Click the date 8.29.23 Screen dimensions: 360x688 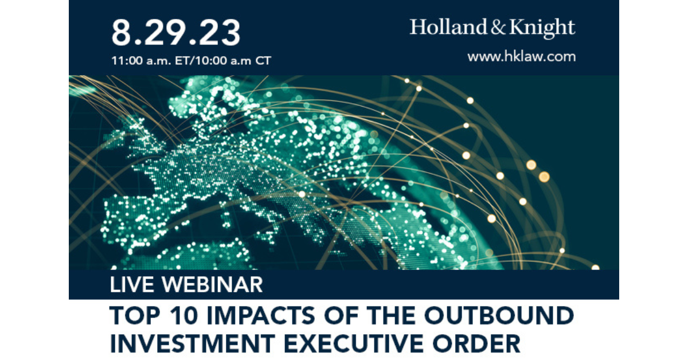point(175,33)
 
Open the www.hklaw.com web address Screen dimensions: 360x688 point(521,57)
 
